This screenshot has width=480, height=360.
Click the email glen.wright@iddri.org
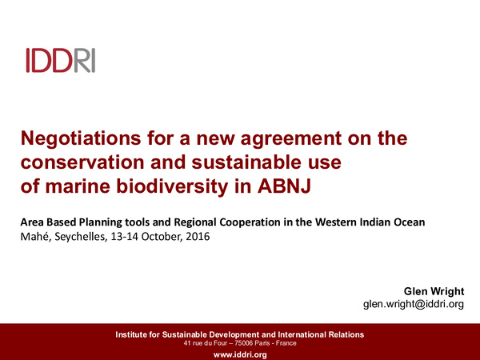[x=414, y=305]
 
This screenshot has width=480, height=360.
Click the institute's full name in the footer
[x=240, y=334]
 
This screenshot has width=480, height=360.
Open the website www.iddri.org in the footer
[x=240, y=354]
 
